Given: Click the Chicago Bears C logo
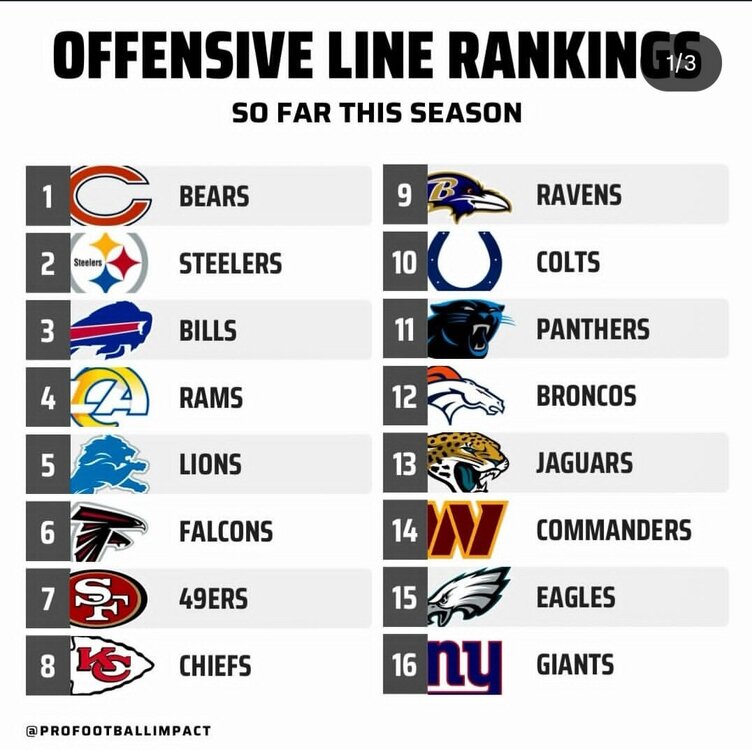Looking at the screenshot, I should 110,196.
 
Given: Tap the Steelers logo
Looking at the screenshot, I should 110,263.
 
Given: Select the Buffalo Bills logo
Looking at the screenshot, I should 111,330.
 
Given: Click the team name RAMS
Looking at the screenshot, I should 212,398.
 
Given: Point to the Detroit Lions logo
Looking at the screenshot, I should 111,464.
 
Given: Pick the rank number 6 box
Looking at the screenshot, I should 47,532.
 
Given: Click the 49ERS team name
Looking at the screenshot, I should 213,599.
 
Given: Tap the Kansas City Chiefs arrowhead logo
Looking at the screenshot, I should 111,666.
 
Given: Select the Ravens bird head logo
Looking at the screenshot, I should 468,196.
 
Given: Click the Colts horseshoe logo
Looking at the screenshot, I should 466,262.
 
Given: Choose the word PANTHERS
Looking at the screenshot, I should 592,329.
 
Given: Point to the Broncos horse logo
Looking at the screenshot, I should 466,396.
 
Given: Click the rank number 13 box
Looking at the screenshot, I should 404,463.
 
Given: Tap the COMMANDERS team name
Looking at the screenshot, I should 613,530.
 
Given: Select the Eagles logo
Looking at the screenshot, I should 468,596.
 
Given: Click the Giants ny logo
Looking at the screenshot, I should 465,664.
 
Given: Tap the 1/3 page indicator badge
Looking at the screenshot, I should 681,63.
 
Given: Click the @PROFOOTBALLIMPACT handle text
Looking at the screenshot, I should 118,731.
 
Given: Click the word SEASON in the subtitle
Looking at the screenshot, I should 471,112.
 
